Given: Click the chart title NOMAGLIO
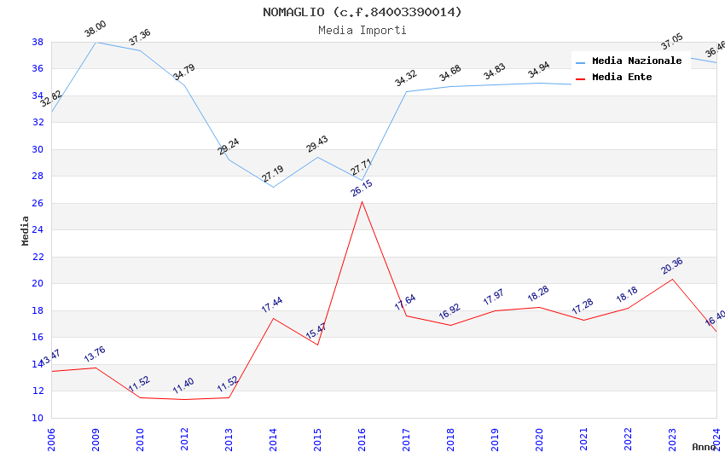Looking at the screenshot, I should [362, 12].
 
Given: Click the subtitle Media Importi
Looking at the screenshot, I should [362, 30].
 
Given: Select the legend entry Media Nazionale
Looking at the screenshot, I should [636, 61].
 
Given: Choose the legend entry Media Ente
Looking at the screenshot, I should [622, 78].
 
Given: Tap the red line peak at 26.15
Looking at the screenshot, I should [362, 201].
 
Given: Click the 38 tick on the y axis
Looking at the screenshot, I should [38, 42].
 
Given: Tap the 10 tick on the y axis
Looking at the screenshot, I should [38, 418].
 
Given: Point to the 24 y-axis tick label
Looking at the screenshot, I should [38, 230].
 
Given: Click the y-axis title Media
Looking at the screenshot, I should [26, 230].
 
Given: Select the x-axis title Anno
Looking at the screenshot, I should [704, 447].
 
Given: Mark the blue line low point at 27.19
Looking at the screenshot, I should [273, 187].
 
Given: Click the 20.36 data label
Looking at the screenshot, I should [672, 266].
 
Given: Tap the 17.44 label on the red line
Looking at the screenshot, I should [273, 304].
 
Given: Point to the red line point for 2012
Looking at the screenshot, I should [184, 399].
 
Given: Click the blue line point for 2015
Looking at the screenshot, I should [317, 157].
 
